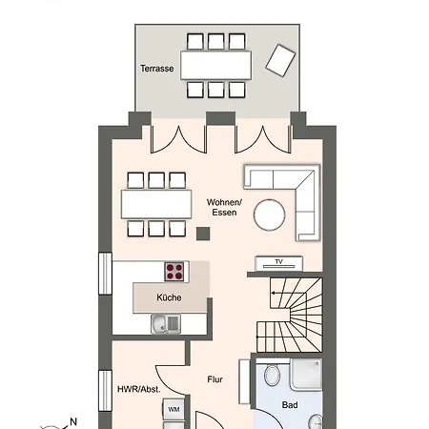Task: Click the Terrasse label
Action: coord(157,69)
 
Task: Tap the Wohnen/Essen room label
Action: coord(224,207)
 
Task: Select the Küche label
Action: coord(169,297)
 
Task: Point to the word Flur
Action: coord(214,379)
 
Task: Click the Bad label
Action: coord(290,405)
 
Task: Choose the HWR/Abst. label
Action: coord(139,389)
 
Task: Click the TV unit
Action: coord(279,263)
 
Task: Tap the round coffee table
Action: coord(270,214)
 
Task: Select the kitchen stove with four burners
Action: coord(174,272)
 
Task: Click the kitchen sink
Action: coord(166,324)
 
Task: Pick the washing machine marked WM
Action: coord(174,409)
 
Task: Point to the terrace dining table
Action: coord(216,65)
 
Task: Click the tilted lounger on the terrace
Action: coord(280,60)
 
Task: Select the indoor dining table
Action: coord(156,204)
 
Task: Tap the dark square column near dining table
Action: coord(203,234)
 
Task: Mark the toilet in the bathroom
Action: coord(272,375)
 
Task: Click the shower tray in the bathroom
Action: coord(306,374)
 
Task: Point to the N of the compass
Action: coord(73,421)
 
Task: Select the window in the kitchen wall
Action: coord(105,274)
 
